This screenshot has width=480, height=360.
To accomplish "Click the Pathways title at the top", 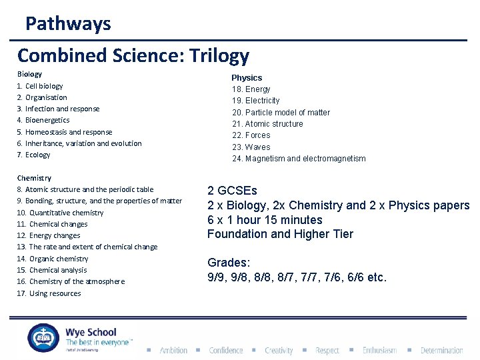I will (x=68, y=24).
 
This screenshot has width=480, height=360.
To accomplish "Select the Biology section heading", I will (x=29, y=74).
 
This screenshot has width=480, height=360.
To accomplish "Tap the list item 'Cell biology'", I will (x=44, y=86).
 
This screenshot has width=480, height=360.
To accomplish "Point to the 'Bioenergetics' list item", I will (x=47, y=121).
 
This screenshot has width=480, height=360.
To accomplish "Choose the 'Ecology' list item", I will (x=37, y=155).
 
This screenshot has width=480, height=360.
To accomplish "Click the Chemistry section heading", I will (x=34, y=178).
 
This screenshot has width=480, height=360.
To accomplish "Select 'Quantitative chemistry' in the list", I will (x=66, y=213).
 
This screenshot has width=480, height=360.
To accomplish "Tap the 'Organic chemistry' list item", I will (x=59, y=259).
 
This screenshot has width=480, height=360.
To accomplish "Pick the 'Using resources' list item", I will (x=55, y=293).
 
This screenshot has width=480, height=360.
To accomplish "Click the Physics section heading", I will (x=247, y=77).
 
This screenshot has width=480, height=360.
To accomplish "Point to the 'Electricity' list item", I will (x=262, y=101).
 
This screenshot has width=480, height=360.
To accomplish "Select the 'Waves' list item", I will (x=257, y=147).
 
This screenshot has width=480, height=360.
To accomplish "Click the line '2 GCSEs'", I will (x=232, y=191).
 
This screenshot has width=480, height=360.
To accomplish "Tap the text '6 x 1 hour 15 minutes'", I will (x=265, y=220).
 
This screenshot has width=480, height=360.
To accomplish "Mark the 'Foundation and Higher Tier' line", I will (x=280, y=234).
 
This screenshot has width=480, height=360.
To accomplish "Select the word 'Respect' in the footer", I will (x=327, y=350).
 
